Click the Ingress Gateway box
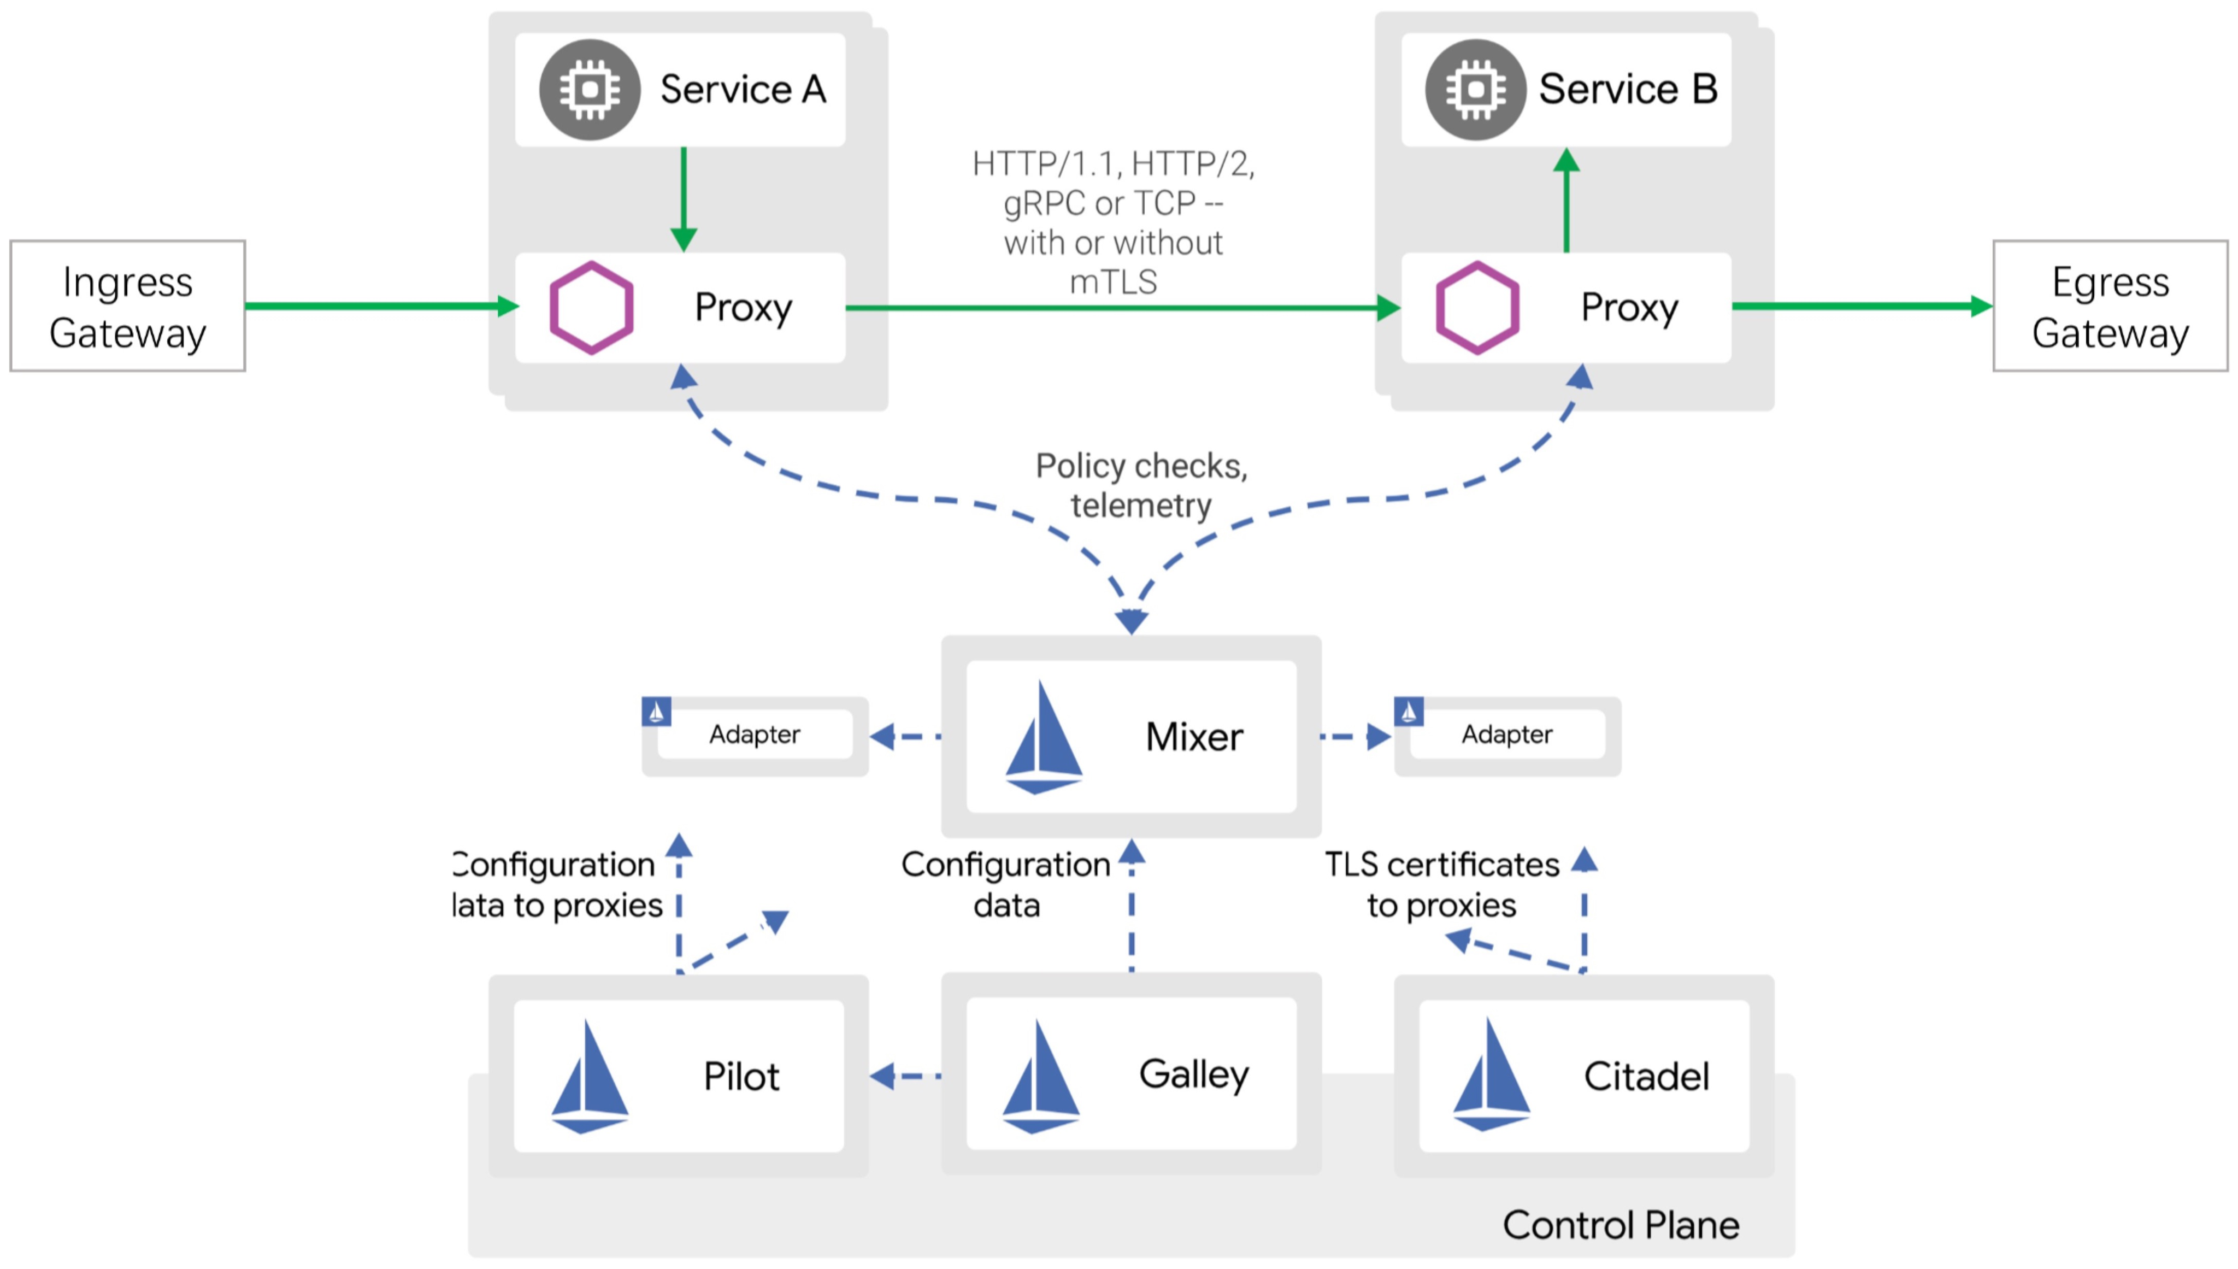[x=127, y=306]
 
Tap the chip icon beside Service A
[x=590, y=90]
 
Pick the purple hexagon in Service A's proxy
[x=592, y=308]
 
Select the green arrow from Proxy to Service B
[x=1566, y=201]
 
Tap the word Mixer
[x=1193, y=737]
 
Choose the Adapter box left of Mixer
[x=755, y=735]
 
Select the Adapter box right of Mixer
[x=1507, y=735]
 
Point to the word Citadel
[x=1646, y=1077]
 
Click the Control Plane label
[x=1621, y=1225]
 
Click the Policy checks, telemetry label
[x=1141, y=485]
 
